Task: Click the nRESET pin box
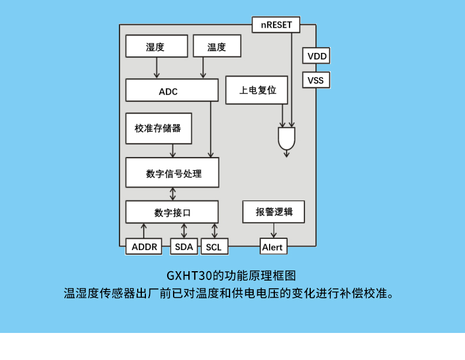(276, 25)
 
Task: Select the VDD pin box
(316, 56)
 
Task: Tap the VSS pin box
(316, 80)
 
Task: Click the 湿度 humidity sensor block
(156, 46)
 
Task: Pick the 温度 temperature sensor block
(217, 46)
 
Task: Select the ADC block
(168, 91)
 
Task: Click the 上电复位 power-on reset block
(257, 91)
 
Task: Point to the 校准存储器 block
(158, 128)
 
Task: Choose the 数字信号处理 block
(172, 173)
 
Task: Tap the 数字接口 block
(172, 212)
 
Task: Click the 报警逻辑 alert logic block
(273, 212)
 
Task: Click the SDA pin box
(184, 246)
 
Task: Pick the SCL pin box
(214, 246)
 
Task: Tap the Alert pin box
(273, 246)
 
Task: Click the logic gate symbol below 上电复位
(287, 139)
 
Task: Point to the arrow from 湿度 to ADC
(157, 68)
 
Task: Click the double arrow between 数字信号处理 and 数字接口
(172, 194)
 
